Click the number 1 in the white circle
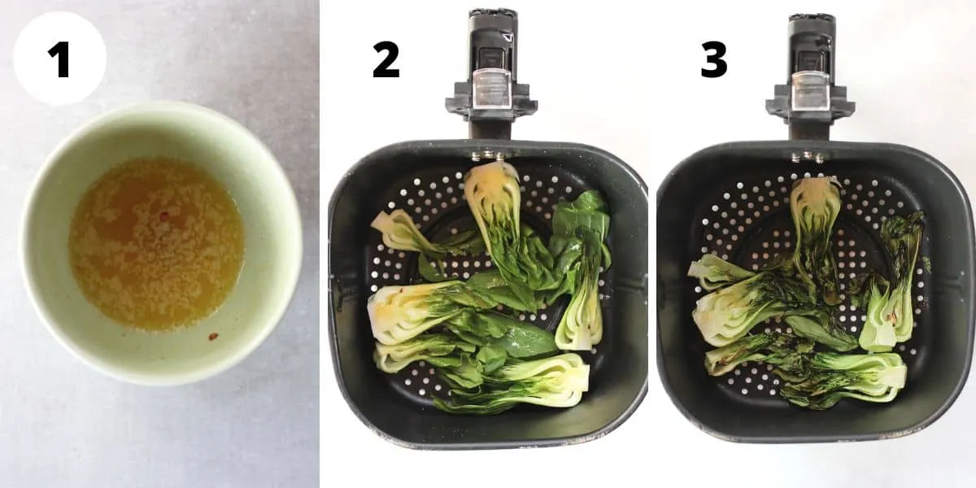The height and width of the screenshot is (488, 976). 59,59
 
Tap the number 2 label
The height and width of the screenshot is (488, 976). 386,59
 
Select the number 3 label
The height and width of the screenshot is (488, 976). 713,59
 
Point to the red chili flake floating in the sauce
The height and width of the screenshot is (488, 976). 165,216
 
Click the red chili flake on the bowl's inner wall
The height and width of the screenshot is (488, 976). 213,335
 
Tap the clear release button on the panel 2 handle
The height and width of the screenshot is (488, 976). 491,89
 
